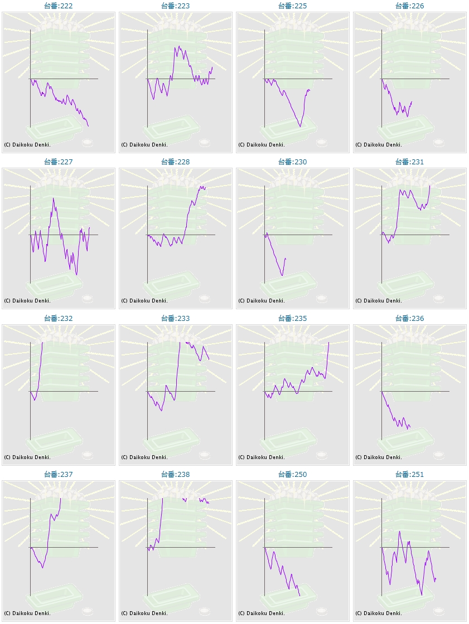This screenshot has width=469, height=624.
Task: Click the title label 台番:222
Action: pos(59,6)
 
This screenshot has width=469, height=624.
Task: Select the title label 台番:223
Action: pos(176,6)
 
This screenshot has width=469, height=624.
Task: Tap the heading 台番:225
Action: pos(293,6)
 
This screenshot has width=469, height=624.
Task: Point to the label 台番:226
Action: pos(410,6)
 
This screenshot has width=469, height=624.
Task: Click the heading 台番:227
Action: pos(59,162)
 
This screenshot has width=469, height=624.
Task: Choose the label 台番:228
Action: pos(176,162)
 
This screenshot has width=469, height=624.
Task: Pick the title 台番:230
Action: pos(293,162)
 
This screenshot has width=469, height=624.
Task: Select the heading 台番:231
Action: pos(410,162)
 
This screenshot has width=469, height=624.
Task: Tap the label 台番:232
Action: pos(59,319)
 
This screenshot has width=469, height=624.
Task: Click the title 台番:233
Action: pos(176,319)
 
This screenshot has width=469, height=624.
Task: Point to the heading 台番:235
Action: pos(293,319)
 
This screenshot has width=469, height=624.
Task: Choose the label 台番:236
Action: pos(410,319)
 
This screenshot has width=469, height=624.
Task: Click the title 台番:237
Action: pos(59,475)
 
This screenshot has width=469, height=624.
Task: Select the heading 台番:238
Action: pos(176,475)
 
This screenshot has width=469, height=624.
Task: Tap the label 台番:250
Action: pos(293,475)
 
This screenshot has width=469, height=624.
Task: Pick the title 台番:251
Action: pos(410,475)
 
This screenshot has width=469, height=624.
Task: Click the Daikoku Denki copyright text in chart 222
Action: pos(27,145)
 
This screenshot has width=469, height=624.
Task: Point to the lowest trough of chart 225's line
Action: pos(300,126)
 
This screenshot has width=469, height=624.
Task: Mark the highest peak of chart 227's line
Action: pos(54,198)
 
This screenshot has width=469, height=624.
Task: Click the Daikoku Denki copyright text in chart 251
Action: pos(379,613)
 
